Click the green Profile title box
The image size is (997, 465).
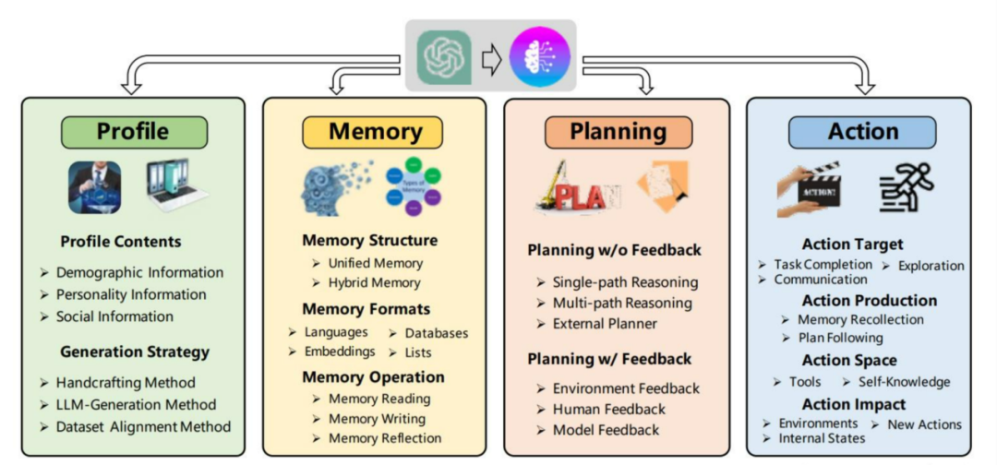pyautogui.click(x=133, y=132)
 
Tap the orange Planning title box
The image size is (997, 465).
pyautogui.click(x=617, y=132)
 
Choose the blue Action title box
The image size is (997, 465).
pyautogui.click(x=862, y=132)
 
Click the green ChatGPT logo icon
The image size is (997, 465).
pyautogui.click(x=444, y=58)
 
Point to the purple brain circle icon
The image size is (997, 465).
pyautogui.click(x=539, y=58)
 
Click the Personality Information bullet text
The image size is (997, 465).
pyautogui.click(x=131, y=294)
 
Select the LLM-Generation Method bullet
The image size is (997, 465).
pyautogui.click(x=136, y=404)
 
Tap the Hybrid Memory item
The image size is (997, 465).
pyautogui.click(x=374, y=282)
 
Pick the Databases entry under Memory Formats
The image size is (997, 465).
pyautogui.click(x=435, y=333)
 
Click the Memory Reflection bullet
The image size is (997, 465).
pyautogui.click(x=385, y=438)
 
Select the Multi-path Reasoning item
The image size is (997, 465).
pyautogui.click(x=622, y=303)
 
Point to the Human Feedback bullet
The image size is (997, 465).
pyautogui.click(x=608, y=409)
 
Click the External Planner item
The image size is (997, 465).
pyautogui.click(x=605, y=324)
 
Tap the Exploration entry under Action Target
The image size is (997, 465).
pyautogui.click(x=930, y=266)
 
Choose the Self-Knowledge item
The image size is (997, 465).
pyautogui.click(x=904, y=381)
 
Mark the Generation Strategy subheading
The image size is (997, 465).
pyautogui.click(x=135, y=352)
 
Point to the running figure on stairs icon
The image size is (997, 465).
pyautogui.click(x=907, y=188)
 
